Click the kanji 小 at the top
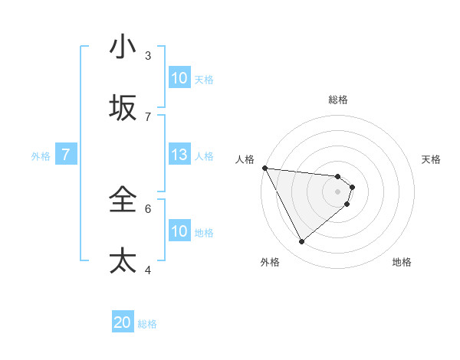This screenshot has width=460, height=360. pos(123,47)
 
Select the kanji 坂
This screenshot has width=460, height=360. pos(123,109)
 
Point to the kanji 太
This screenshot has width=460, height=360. pos(123,260)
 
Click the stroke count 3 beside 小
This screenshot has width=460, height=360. pos(148,55)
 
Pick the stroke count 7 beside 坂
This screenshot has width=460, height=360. pos(148,116)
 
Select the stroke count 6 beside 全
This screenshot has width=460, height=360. pos(148,208)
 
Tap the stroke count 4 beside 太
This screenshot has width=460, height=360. pos(148,269)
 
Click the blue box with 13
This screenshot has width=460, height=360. pos(179,155)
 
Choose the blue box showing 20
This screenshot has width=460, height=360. pos(123,323)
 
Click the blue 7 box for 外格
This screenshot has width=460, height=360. pos(66,155)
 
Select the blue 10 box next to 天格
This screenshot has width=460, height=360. pos(179,78)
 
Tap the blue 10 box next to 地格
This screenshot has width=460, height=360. pos(179,231)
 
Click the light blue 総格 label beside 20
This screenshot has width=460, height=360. pos(147,324)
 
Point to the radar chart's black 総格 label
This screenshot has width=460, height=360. pos(338,100)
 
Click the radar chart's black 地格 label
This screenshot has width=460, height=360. pos(402,263)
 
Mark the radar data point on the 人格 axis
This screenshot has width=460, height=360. pos(264,168)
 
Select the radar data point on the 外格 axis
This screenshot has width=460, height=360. pos(301,241)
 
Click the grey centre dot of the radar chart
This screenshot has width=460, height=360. pos(338,191)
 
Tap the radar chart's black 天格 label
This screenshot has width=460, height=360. pos(432,159)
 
